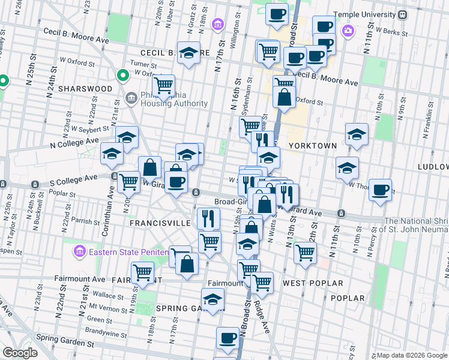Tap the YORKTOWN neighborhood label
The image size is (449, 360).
point(310,146)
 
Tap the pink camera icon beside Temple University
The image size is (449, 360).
point(348,30)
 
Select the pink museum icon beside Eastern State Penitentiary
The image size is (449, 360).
point(79,250)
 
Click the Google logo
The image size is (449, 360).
point(20,353)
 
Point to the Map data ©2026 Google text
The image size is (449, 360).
point(411,355)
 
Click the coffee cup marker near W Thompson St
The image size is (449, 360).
point(380,190)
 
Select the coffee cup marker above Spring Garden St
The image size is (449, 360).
point(228,338)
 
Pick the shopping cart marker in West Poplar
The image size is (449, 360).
point(305,252)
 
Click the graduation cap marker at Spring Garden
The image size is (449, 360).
point(212,299)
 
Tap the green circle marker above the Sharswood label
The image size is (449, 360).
point(122,76)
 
